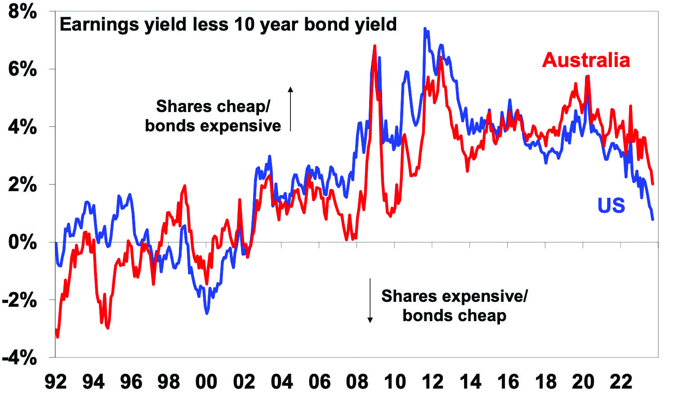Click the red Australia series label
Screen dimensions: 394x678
[x=586, y=60]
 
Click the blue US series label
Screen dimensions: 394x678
[x=611, y=205]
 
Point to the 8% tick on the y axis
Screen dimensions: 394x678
[x=22, y=12]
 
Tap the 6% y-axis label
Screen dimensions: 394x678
[x=22, y=69]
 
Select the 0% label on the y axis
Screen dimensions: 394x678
[x=22, y=242]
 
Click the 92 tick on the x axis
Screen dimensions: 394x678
[x=56, y=382]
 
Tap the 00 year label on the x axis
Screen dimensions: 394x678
[x=206, y=382]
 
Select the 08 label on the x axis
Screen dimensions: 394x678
[x=357, y=382]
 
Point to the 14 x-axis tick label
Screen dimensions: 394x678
[x=470, y=382]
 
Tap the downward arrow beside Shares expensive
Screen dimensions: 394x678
[x=370, y=300]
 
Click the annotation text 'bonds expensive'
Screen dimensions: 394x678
[x=213, y=126]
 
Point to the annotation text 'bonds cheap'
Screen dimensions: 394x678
[x=454, y=315]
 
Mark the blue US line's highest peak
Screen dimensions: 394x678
[x=425, y=29]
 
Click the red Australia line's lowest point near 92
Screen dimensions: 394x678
[x=58, y=336]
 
